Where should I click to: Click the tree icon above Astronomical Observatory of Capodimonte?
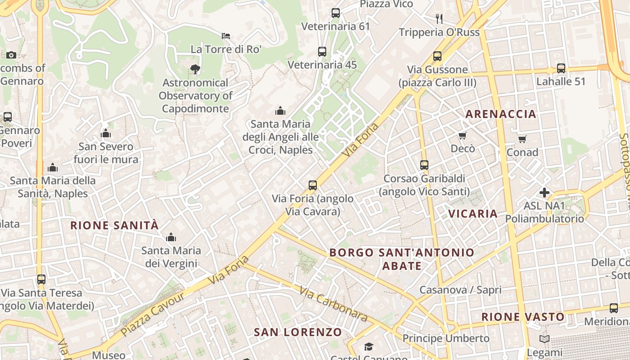click(x=195, y=69)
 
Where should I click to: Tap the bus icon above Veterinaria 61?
click(x=336, y=13)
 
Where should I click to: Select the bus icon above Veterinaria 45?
click(x=322, y=52)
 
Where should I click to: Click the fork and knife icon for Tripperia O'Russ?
click(x=439, y=19)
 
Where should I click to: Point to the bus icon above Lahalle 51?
click(x=561, y=68)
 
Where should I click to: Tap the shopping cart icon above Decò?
click(x=462, y=135)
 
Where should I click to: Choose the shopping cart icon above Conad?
click(x=522, y=139)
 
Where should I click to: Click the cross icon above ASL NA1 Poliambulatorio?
click(x=544, y=193)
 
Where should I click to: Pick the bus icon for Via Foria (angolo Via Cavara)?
click(x=313, y=185)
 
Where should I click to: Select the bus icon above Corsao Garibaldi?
click(x=424, y=165)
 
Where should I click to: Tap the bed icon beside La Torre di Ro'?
click(x=226, y=36)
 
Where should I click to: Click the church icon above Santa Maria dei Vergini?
click(x=171, y=237)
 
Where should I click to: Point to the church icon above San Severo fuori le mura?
click(x=106, y=133)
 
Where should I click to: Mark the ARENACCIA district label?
click(x=501, y=114)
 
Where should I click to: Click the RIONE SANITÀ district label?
click(x=115, y=225)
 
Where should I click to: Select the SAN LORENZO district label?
click(x=298, y=333)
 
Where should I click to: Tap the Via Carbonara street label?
click(x=333, y=305)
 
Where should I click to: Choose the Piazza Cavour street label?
click(x=153, y=313)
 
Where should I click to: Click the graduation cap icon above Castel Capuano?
click(x=369, y=346)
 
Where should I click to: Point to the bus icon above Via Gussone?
click(x=437, y=56)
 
